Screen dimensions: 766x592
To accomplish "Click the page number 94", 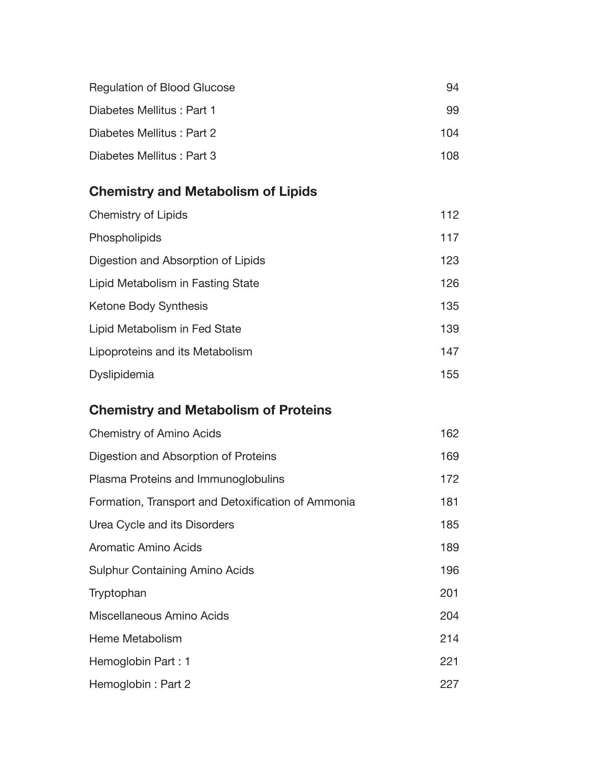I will [x=452, y=87].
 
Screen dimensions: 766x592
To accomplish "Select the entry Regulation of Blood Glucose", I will [x=162, y=87].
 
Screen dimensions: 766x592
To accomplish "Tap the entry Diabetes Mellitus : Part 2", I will [x=152, y=133].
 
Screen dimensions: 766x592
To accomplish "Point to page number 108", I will [x=449, y=156].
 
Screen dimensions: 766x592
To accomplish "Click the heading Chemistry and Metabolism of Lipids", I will [x=203, y=191].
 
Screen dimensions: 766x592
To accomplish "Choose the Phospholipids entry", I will [x=125, y=237].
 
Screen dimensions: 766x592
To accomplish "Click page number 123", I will [x=449, y=260].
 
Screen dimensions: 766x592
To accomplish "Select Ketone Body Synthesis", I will [x=148, y=306].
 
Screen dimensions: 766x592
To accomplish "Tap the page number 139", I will [x=449, y=328].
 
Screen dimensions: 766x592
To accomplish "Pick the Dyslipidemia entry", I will [x=121, y=374].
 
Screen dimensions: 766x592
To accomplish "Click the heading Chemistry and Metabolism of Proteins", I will [x=210, y=410].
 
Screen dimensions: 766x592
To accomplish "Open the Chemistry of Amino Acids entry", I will [x=155, y=433].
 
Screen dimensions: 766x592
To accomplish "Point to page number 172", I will [x=449, y=478].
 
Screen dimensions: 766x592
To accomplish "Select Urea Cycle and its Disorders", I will [x=161, y=524].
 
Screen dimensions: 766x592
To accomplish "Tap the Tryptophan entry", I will [x=117, y=593].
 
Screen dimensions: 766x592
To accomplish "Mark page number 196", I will [x=449, y=570].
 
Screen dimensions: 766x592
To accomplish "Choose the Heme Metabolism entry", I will [x=135, y=638].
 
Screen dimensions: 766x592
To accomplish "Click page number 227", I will [x=449, y=684].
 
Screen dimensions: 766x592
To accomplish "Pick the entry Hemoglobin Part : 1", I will [x=139, y=661].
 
